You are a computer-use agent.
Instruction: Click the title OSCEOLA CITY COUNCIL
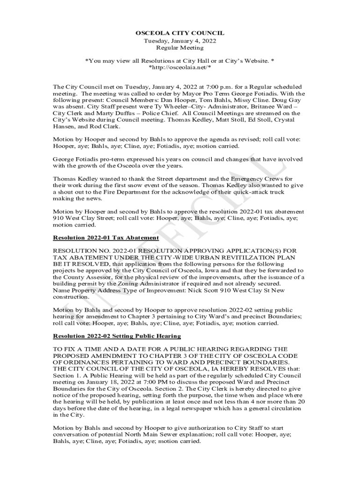point(180,33)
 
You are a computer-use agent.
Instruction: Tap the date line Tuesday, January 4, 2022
point(180,41)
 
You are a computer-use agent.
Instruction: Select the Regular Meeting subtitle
point(180,48)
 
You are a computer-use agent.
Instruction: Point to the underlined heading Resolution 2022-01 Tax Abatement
point(96,238)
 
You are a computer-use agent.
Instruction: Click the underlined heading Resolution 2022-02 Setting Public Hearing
point(117,336)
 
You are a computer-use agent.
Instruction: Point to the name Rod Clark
point(106,126)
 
